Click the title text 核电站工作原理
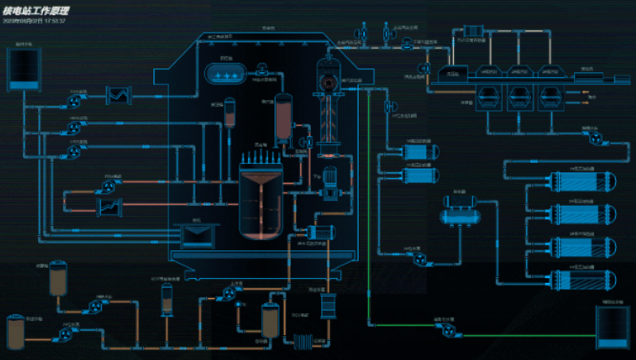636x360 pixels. click(37, 11)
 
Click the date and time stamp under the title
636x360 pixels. click(34, 21)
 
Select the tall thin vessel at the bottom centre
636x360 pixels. click(167, 299)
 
